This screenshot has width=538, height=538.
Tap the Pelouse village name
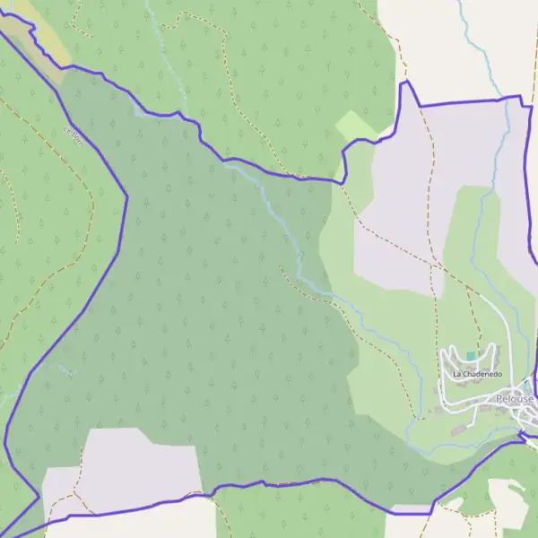click(515, 398)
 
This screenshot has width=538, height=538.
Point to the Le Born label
click(74, 136)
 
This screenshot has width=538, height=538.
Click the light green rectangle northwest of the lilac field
click(356, 126)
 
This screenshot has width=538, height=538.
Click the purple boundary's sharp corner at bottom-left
click(38, 496)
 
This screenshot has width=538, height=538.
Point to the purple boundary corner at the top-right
click(519, 97)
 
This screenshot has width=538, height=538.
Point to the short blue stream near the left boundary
click(65, 368)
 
